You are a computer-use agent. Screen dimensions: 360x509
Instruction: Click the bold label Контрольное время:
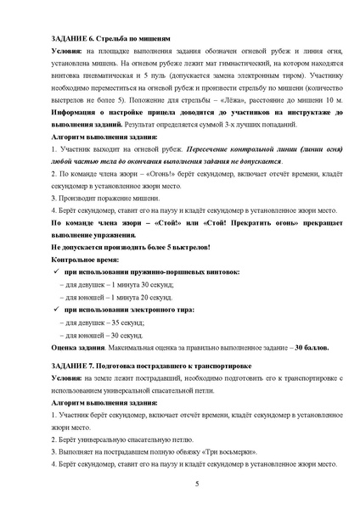(84, 258)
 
